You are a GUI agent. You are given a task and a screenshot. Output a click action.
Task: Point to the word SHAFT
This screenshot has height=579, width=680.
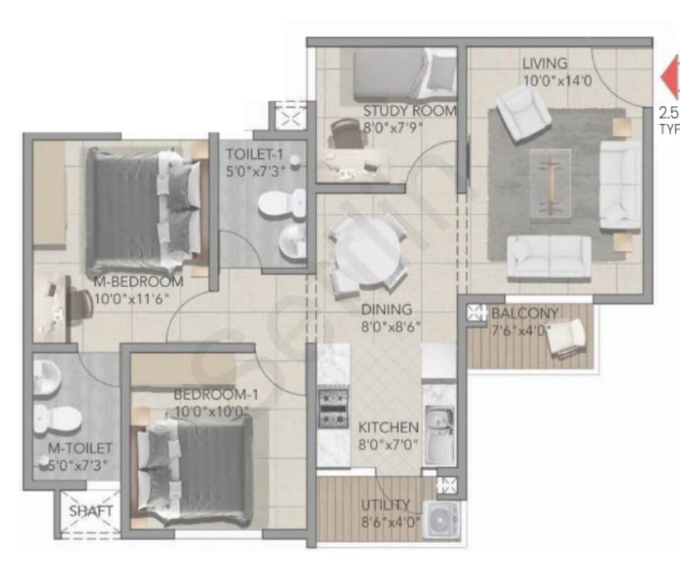click(x=91, y=511)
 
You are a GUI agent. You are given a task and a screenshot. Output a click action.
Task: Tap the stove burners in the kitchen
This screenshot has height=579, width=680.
click(x=333, y=409)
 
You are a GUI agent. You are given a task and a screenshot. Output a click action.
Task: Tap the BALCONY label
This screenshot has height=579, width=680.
click(x=524, y=313)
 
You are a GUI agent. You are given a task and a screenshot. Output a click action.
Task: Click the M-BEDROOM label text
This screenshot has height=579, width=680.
click(x=139, y=282)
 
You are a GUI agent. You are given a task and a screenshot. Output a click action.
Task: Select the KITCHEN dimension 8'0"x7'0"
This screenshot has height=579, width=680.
click(x=388, y=444)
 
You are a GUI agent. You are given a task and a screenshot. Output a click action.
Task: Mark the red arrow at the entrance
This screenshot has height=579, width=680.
click(x=671, y=77)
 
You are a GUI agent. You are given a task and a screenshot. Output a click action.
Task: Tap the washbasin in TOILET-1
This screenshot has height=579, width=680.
click(x=292, y=243)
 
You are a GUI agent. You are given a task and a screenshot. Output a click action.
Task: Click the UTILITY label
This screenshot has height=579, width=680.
click(x=385, y=505)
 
